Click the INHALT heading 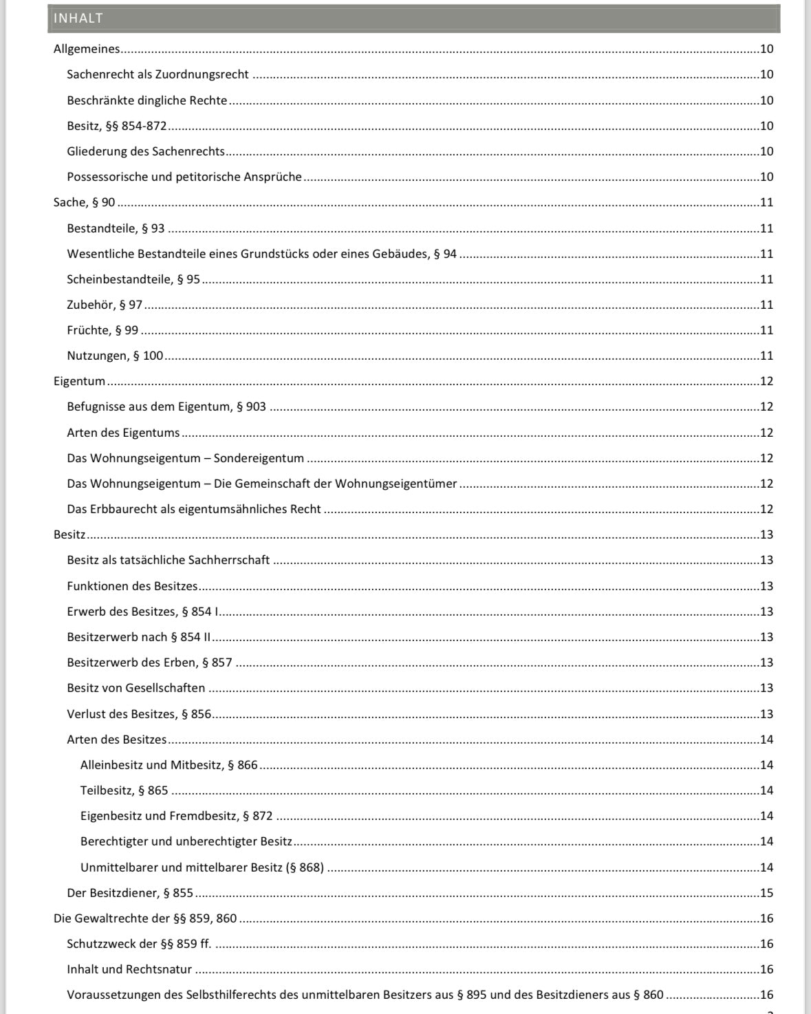tap(78, 19)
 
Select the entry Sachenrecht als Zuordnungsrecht tap(158, 74)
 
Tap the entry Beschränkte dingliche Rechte tap(147, 100)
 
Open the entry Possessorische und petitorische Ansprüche tap(184, 177)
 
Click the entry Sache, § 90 tap(85, 202)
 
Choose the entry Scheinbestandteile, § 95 tap(133, 279)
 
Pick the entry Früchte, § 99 tap(102, 330)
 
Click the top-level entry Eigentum tap(80, 381)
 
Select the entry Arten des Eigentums tap(123, 433)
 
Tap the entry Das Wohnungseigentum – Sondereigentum tap(185, 458)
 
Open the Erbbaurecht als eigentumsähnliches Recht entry tap(194, 509)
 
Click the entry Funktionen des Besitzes tap(132, 586)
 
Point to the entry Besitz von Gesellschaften tap(136, 688)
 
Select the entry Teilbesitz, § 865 tap(124, 790)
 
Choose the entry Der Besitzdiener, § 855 tap(130, 893)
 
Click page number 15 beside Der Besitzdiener tap(766, 893)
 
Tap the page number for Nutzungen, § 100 tap(766, 356)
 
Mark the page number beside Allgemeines tap(766, 49)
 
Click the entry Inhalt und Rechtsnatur tap(129, 969)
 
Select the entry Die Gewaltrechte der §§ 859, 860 tap(145, 918)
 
